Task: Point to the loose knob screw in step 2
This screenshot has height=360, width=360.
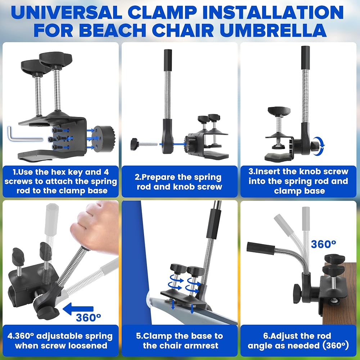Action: pos(144,144)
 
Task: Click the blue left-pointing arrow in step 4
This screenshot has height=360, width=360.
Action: pos(78,309)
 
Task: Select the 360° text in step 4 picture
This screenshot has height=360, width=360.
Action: pos(89,318)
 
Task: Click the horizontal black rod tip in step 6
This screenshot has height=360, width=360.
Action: pos(261,248)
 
